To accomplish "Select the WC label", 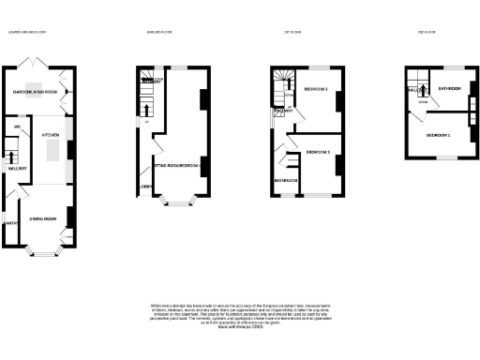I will tap(18, 127).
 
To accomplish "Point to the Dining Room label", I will tap(43, 218).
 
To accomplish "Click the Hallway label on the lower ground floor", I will tap(17, 169).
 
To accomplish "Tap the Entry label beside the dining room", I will tap(11, 223).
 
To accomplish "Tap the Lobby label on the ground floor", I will tap(145, 187).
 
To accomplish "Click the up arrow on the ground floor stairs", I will tap(146, 123).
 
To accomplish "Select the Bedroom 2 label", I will tap(315, 89).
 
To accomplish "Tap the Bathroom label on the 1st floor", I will tap(285, 180).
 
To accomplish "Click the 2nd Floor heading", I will tap(427, 33).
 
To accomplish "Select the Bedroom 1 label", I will tap(438, 136).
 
